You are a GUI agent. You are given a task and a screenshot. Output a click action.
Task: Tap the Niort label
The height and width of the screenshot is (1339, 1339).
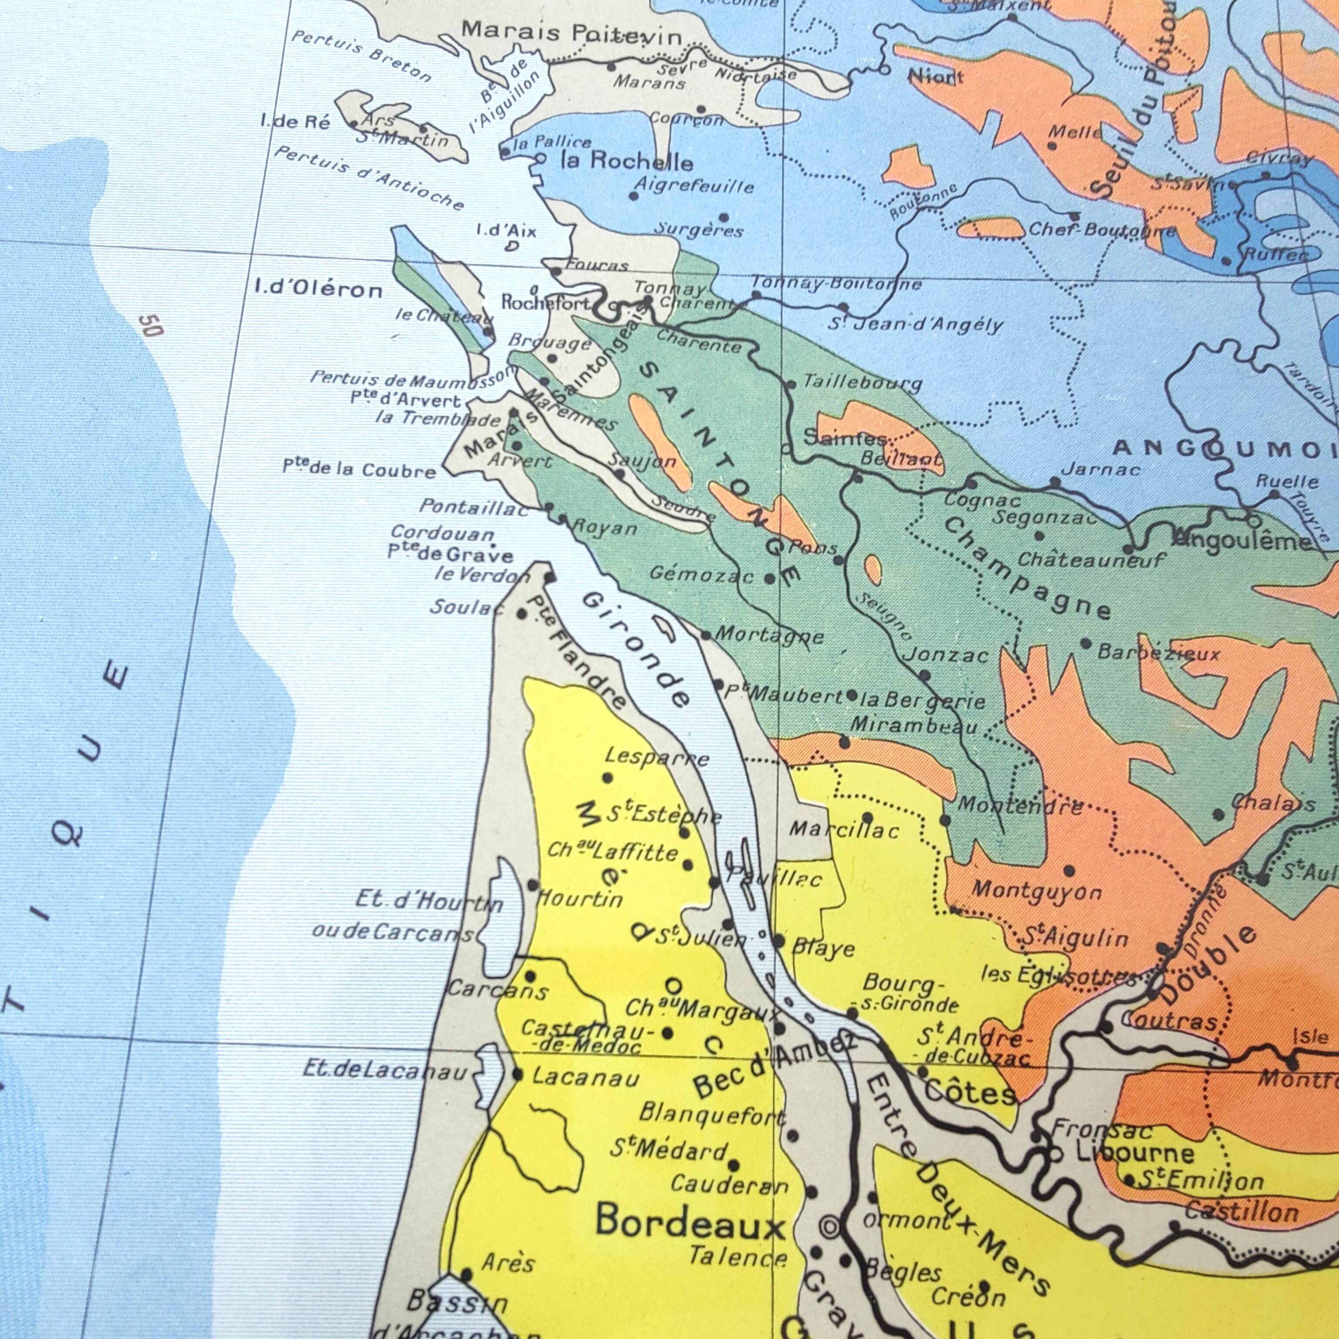pyautogui.click(x=936, y=76)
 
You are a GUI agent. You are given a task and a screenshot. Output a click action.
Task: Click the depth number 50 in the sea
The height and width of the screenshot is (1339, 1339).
pyautogui.click(x=150, y=325)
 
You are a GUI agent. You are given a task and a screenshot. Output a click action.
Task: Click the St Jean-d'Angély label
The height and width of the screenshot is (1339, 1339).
pyautogui.click(x=915, y=324)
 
